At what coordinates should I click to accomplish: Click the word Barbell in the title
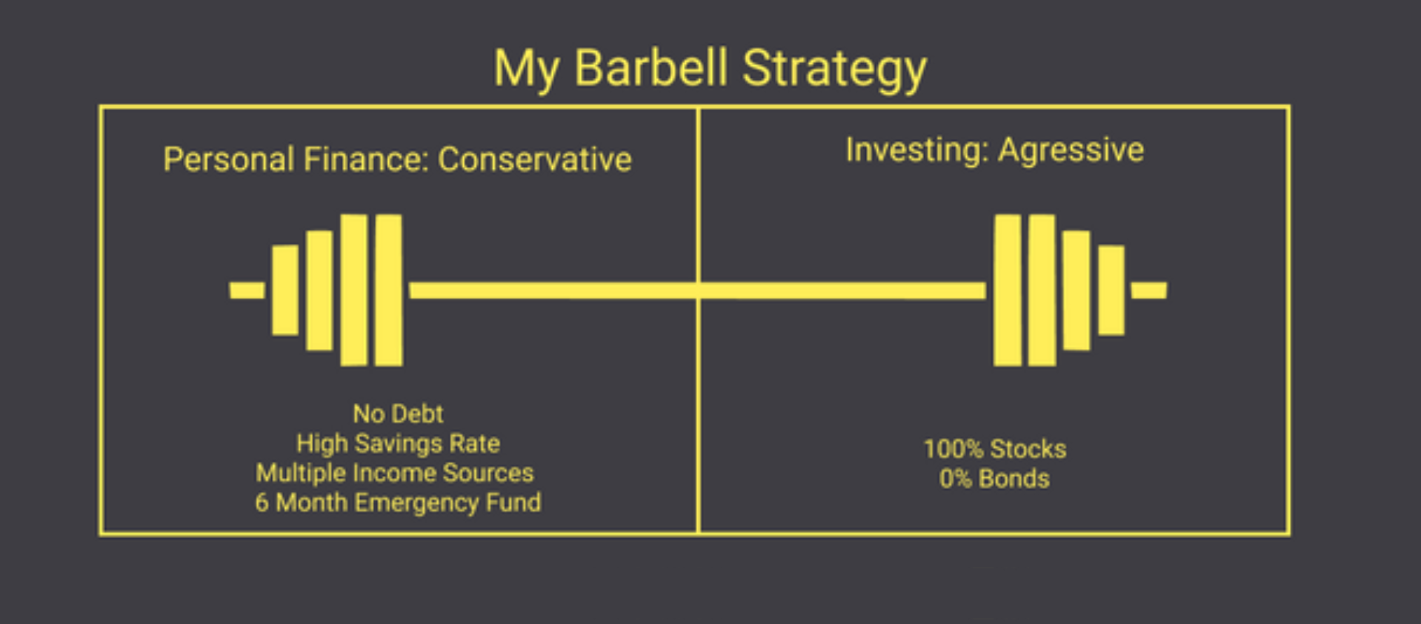click(650, 68)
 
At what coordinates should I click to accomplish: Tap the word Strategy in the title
click(834, 70)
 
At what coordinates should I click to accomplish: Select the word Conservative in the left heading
click(535, 159)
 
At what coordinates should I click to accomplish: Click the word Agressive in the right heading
click(1071, 150)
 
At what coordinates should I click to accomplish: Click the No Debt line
click(398, 414)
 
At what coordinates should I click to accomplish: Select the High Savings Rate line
click(398, 443)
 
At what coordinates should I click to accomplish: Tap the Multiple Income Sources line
click(395, 473)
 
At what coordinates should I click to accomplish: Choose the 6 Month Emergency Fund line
click(398, 502)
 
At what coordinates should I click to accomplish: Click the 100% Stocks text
click(994, 449)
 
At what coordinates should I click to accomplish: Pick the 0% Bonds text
click(994, 479)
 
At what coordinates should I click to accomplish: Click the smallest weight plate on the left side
click(285, 291)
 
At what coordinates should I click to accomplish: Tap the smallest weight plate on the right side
click(1111, 291)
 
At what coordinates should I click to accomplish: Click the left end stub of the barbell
click(247, 290)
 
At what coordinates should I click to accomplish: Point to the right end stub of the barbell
click(1149, 290)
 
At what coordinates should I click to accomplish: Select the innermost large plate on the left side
click(388, 291)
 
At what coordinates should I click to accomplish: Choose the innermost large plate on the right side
click(1008, 291)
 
